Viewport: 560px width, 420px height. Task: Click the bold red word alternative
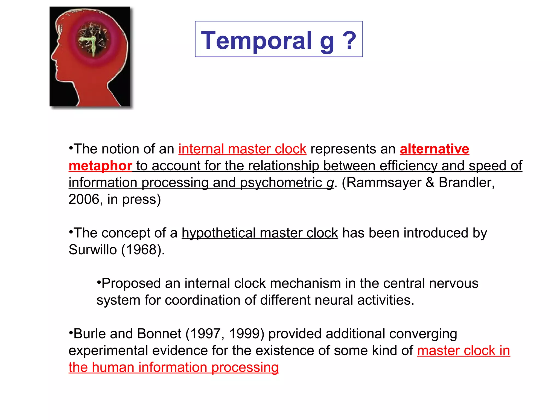point(434,149)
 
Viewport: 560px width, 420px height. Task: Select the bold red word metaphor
point(100,166)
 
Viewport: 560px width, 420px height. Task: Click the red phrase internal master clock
point(242,149)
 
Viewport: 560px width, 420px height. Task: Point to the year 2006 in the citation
point(84,199)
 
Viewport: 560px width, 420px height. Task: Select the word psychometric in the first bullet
point(281,183)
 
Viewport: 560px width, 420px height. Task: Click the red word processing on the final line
point(245,367)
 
